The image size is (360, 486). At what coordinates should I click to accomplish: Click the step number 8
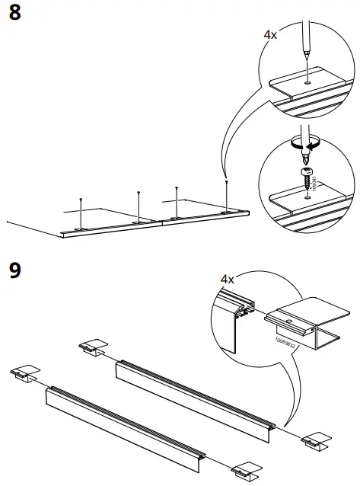(x=15, y=15)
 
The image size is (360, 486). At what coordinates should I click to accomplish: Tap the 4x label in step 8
(x=271, y=37)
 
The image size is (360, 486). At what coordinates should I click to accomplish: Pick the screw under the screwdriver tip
(x=308, y=177)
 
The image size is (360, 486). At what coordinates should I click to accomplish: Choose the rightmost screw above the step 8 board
(x=226, y=193)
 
